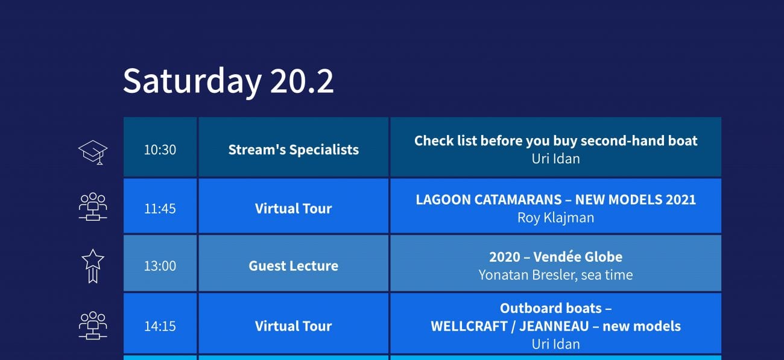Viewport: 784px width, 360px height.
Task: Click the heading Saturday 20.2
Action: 228,81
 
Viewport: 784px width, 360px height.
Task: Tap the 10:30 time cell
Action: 160,147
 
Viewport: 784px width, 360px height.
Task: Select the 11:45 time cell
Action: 160,206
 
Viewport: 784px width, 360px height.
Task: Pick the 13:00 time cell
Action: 160,263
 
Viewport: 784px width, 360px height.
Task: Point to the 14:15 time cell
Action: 160,323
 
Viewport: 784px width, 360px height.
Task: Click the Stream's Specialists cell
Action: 294,147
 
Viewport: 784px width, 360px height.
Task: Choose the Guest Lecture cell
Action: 294,263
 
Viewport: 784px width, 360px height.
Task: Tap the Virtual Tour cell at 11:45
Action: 294,206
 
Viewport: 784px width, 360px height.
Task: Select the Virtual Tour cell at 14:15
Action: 294,323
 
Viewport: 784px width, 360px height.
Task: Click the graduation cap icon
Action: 93,152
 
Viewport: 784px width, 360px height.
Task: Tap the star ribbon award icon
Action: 93,266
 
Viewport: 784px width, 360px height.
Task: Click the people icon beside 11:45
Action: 93,206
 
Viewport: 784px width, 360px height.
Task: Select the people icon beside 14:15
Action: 93,326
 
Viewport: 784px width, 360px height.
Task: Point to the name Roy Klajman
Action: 556,218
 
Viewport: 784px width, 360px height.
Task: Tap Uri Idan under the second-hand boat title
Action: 556,159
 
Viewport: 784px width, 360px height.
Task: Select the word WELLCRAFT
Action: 469,326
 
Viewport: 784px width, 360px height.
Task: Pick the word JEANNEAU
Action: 554,326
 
